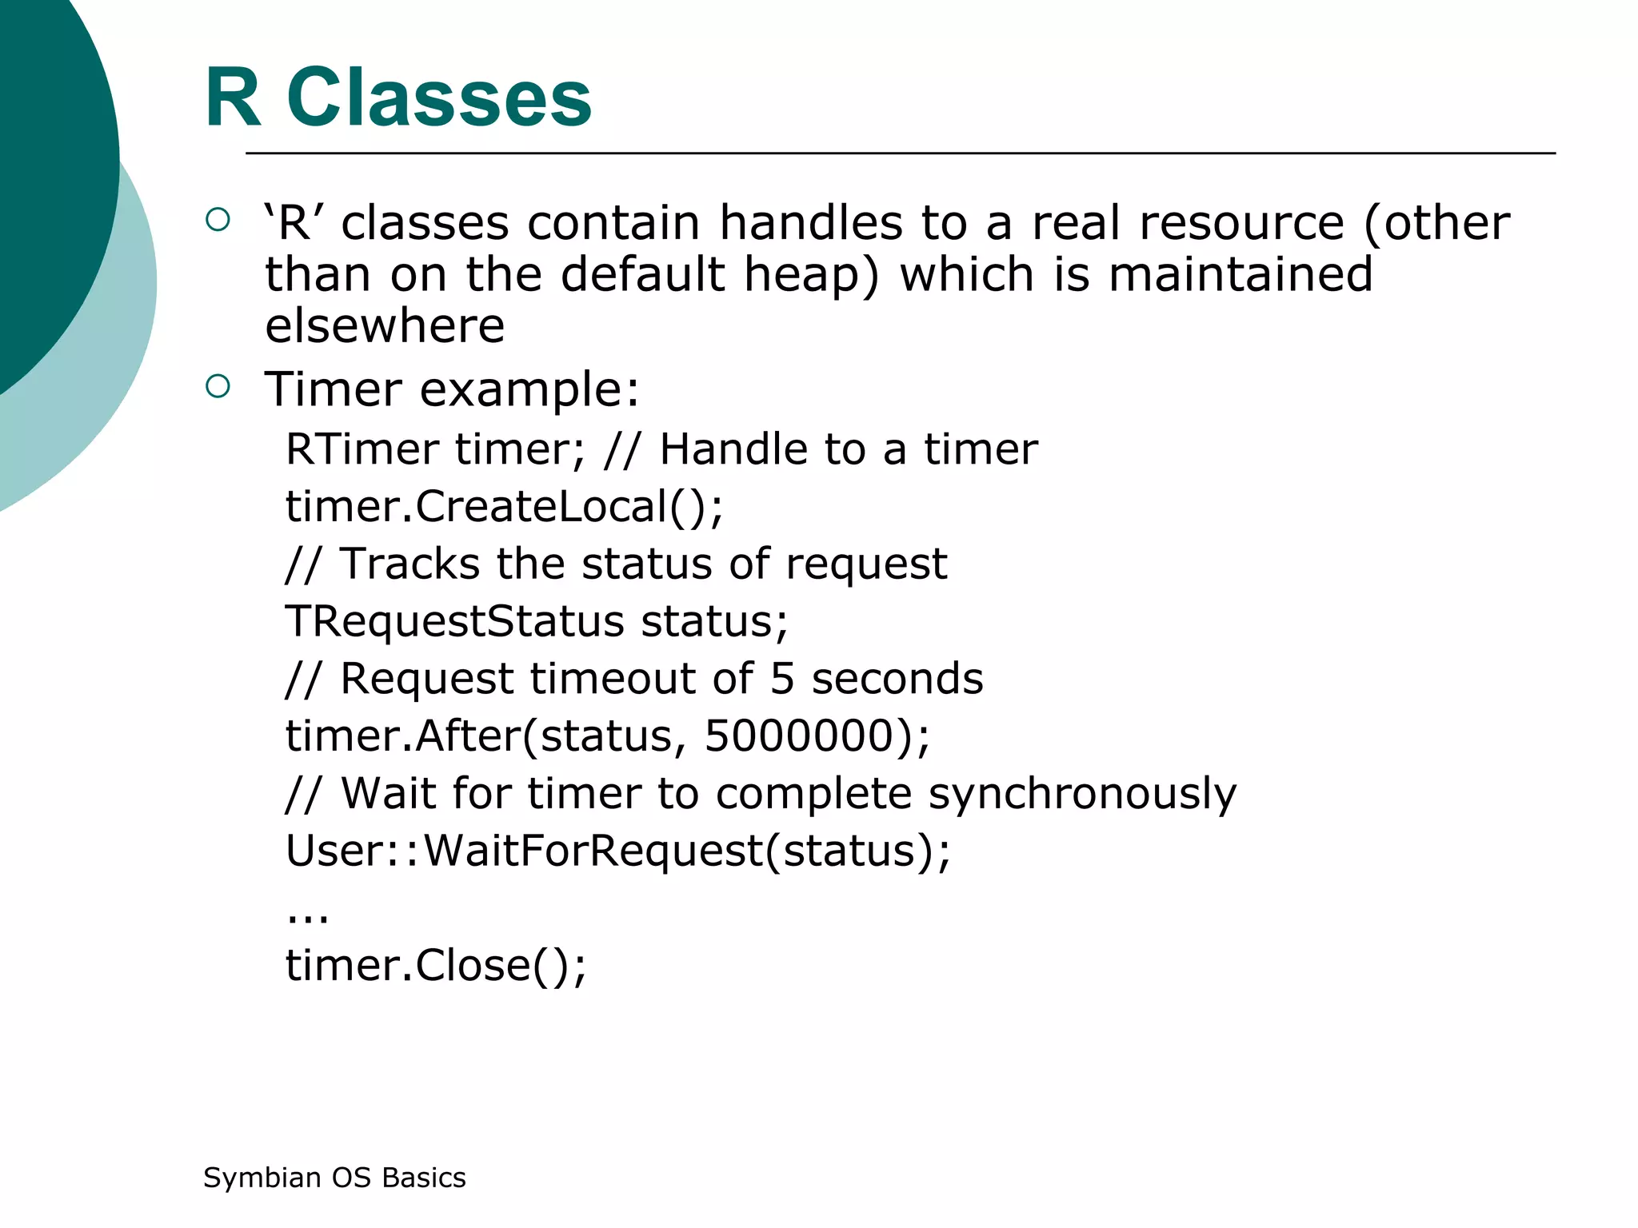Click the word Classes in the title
tap(439, 98)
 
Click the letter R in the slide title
tap(233, 98)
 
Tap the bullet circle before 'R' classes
tap(218, 220)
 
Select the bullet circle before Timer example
tap(218, 387)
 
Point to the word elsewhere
tap(385, 325)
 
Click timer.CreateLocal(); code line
tap(504, 507)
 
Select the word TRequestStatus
tap(454, 621)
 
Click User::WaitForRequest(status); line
tap(617, 851)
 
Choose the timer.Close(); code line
tap(436, 965)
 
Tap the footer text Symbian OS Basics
tap(334, 1178)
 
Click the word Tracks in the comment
tap(409, 564)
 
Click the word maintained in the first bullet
tap(1240, 274)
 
